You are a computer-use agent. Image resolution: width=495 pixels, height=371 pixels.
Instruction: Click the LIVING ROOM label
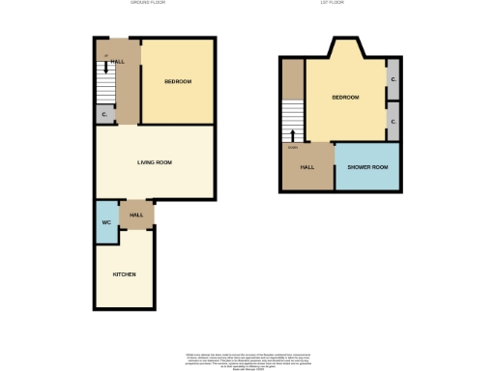coord(154,162)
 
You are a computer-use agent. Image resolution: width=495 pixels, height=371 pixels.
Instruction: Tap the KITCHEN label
coord(125,274)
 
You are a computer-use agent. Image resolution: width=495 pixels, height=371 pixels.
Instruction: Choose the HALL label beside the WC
coord(136,214)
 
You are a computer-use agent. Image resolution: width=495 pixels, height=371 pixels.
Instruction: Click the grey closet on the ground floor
coord(104,115)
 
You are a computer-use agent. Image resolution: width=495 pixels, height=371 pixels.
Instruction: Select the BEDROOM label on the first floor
coord(345,98)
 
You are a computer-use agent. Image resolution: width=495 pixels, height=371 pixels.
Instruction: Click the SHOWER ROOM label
coord(366,167)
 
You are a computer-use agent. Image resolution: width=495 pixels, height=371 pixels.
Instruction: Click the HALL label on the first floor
coord(307,167)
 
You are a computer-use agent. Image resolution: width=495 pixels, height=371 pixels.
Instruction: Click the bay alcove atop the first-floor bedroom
coord(346,50)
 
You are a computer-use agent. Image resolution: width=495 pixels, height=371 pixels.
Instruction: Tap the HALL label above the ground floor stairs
coord(119,62)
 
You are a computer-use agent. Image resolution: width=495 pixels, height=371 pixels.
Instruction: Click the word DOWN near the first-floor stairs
coord(292,148)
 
